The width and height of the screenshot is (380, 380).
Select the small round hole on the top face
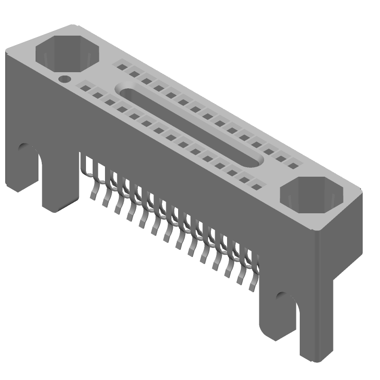pos(64,78)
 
